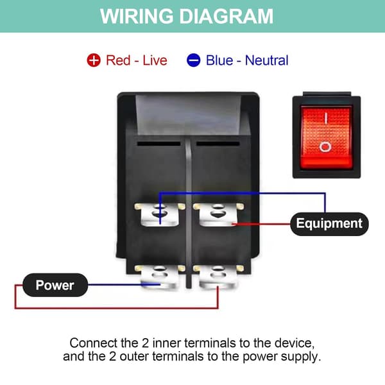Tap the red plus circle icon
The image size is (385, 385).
[94, 60]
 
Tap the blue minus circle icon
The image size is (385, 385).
[194, 60]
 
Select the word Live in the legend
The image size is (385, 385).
[155, 60]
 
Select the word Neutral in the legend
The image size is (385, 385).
[267, 60]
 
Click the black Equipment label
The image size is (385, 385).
[329, 224]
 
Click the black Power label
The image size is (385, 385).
[55, 285]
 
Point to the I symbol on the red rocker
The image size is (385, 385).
[325, 118]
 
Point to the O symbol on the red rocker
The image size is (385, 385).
[325, 147]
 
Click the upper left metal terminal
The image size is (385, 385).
[160, 214]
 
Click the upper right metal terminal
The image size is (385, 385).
[218, 214]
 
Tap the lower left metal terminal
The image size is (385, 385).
[160, 277]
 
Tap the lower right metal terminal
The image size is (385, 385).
[218, 277]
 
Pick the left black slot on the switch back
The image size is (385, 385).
[158, 144]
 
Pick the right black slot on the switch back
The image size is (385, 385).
[218, 144]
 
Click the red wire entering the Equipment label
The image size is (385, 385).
[262, 224]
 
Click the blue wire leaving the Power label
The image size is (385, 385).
[124, 285]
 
